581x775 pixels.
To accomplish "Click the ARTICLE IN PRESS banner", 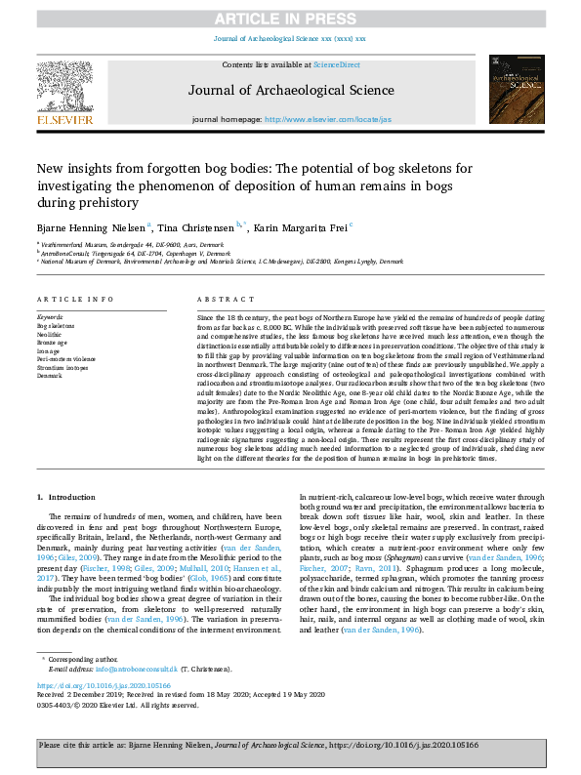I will pos(290,19).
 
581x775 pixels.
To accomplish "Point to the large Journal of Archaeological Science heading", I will pos(290,89).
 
